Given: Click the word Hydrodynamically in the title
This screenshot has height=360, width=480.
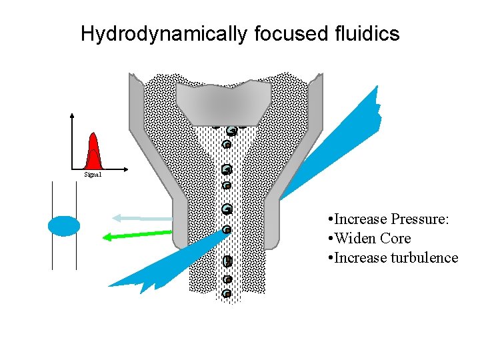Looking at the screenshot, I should (163, 34).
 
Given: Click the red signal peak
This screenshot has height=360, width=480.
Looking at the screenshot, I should (93, 153).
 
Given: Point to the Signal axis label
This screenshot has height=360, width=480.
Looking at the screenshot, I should (93, 175).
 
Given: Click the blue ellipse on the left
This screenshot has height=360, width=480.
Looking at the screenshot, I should (64, 226).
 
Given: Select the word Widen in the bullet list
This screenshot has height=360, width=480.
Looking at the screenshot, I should (356, 239).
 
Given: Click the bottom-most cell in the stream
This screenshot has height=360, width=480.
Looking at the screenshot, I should (227, 293).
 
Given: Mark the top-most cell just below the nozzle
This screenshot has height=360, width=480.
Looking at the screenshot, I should (231, 131).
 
